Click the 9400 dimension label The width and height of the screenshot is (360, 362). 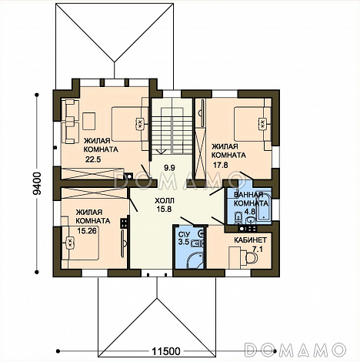38,183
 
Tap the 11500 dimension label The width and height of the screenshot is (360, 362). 166,351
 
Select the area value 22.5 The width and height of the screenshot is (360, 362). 93,159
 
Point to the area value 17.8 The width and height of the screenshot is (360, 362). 221,165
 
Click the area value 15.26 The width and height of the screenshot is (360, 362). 87,231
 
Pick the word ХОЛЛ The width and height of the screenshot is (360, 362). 164,200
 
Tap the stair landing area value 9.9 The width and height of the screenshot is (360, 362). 169,168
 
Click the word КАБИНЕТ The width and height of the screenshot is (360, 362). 250,240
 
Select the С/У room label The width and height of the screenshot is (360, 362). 184,234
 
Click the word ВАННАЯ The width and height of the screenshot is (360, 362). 248,195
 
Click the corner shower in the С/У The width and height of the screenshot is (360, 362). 194,260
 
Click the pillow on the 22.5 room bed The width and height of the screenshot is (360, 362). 139,124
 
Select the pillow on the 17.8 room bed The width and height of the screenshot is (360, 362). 262,124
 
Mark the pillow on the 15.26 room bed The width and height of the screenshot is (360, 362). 69,243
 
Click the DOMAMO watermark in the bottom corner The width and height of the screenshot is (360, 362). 295,350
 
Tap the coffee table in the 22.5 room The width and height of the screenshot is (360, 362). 89,121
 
